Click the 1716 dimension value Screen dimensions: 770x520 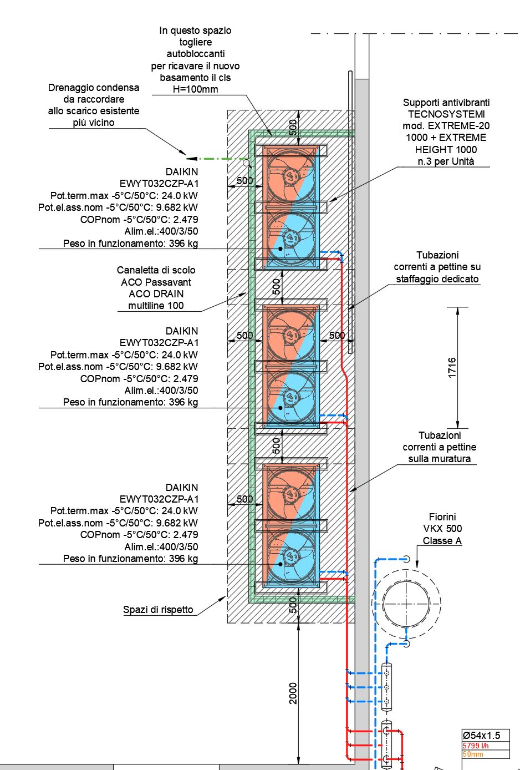click(x=452, y=368)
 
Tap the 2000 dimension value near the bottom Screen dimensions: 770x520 click(x=293, y=693)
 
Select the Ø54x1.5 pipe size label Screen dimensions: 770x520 click(x=482, y=735)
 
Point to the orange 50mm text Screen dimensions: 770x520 click(x=473, y=754)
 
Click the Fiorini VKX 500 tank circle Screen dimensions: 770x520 click(x=406, y=604)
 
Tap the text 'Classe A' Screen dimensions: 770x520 click(x=442, y=541)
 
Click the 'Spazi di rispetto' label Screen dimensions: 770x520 click(x=158, y=610)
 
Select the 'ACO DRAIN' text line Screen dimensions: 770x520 click(x=156, y=294)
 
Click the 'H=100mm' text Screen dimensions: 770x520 click(x=195, y=89)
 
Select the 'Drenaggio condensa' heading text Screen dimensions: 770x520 click(x=94, y=88)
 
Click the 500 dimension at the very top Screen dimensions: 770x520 click(x=293, y=126)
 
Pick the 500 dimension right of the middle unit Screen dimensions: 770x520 click(x=337, y=335)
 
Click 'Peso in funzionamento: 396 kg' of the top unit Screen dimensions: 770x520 click(x=130, y=244)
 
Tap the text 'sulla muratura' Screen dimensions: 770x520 click(x=439, y=459)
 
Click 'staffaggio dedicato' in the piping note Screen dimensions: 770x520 click(x=437, y=279)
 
